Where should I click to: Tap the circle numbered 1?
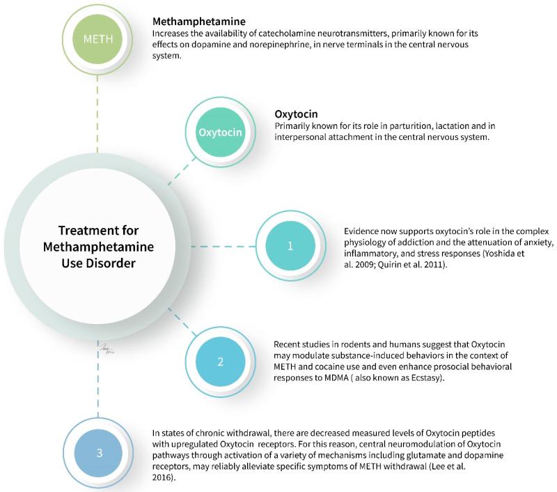(290, 246)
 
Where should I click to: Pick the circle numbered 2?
(221, 361)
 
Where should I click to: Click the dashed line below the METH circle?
(97, 112)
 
